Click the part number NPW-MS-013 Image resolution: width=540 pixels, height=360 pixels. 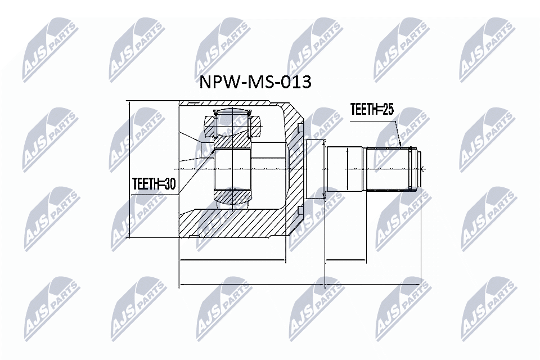click(x=255, y=82)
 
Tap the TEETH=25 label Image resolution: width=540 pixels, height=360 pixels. click(x=371, y=109)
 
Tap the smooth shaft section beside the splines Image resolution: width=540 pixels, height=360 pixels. click(x=346, y=169)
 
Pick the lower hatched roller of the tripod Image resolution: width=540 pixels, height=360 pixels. click(x=231, y=196)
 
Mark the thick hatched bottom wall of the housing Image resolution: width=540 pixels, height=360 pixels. click(x=236, y=223)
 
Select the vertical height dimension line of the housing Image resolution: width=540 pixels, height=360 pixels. click(x=129, y=169)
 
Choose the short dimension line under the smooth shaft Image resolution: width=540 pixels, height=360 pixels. click(x=345, y=262)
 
